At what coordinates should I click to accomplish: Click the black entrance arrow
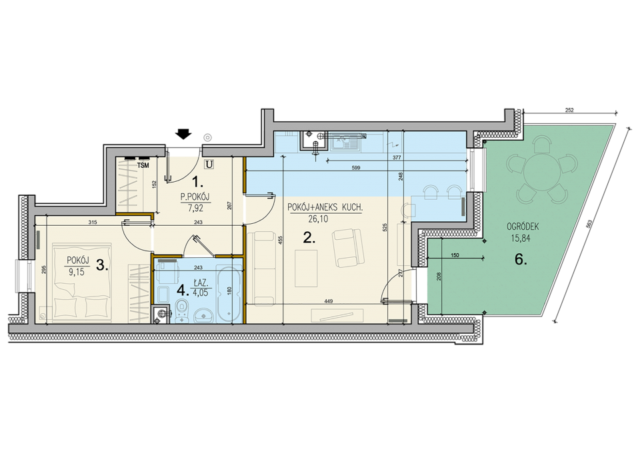[x=183, y=134]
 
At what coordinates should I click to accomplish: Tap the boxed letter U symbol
[x=209, y=165]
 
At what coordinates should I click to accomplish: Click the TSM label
[x=143, y=165]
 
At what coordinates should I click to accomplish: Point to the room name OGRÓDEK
[x=523, y=226]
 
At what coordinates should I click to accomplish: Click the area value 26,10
[x=319, y=219]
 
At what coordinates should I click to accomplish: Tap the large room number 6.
[x=521, y=259]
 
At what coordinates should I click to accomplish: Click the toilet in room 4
[x=182, y=310]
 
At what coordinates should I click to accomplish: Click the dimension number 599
[x=356, y=168]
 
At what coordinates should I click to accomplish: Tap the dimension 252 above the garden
[x=569, y=110]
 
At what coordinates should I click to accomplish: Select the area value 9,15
[x=77, y=272]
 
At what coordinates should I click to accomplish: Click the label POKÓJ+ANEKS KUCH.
[x=325, y=208]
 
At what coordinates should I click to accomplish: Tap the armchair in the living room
[x=347, y=248]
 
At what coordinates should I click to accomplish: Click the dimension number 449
[x=329, y=301]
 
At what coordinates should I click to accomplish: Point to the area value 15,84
[x=521, y=238]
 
